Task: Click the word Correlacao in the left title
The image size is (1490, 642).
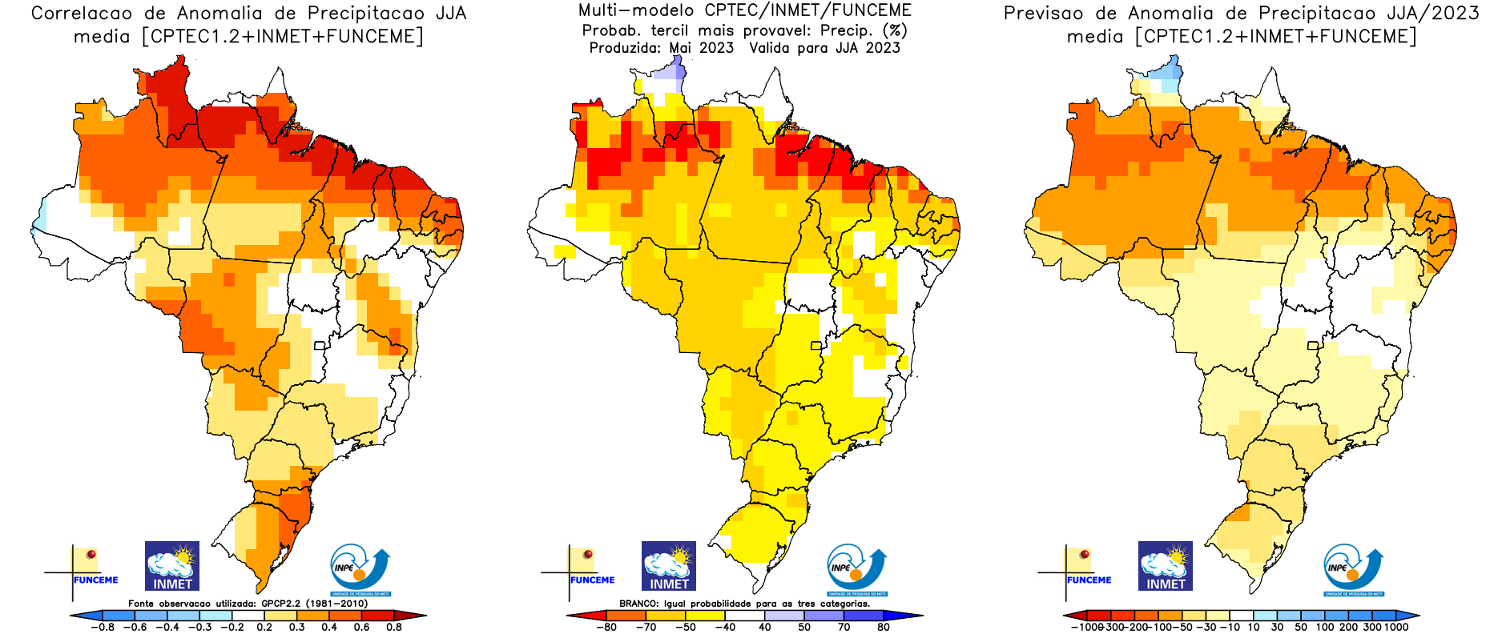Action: pyautogui.click(x=82, y=14)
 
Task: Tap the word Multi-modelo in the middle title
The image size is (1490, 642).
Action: pyautogui.click(x=636, y=10)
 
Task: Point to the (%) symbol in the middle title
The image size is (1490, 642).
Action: pyautogui.click(x=894, y=30)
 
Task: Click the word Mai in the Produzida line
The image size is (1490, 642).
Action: pyautogui.click(x=680, y=48)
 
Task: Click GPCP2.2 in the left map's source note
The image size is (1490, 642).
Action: pyautogui.click(x=280, y=604)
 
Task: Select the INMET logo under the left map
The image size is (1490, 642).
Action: pyautogui.click(x=172, y=566)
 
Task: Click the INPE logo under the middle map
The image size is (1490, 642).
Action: pyautogui.click(x=856, y=570)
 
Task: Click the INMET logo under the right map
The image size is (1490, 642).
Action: pyautogui.click(x=1166, y=566)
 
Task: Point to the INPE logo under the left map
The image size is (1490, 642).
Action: pyautogui.click(x=360, y=570)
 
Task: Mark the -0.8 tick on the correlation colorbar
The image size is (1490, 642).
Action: pyautogui.click(x=103, y=627)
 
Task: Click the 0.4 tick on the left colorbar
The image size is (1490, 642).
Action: pyautogui.click(x=329, y=627)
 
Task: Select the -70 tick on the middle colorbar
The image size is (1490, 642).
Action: pyautogui.click(x=646, y=627)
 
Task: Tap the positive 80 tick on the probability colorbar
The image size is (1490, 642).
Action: pyautogui.click(x=883, y=627)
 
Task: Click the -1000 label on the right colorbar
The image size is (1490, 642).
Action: pyautogui.click(x=1086, y=627)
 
